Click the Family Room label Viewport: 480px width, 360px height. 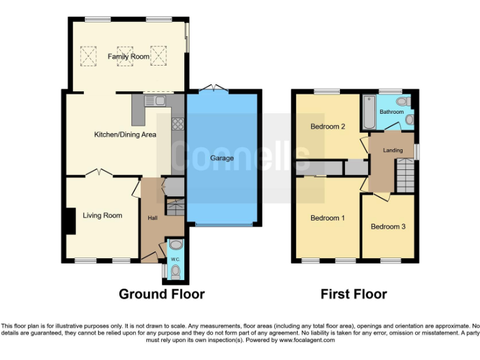(x=128, y=57)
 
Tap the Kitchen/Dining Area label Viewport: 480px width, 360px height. (x=125, y=134)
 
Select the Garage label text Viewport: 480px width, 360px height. (x=222, y=158)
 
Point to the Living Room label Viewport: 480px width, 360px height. (x=102, y=216)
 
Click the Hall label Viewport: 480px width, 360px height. (x=152, y=218)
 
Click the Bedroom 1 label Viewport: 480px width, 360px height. (x=328, y=218)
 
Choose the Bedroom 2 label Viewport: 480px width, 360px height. (x=328, y=127)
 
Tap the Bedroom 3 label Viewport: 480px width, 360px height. (x=388, y=226)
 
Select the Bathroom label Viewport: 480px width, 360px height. (x=392, y=112)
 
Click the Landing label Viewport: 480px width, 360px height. (x=393, y=150)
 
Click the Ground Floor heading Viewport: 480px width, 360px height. (x=162, y=294)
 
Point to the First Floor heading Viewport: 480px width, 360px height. (x=354, y=294)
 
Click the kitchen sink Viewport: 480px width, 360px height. (x=156, y=101)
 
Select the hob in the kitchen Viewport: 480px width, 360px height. (x=178, y=123)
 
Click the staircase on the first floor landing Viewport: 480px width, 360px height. (x=405, y=176)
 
